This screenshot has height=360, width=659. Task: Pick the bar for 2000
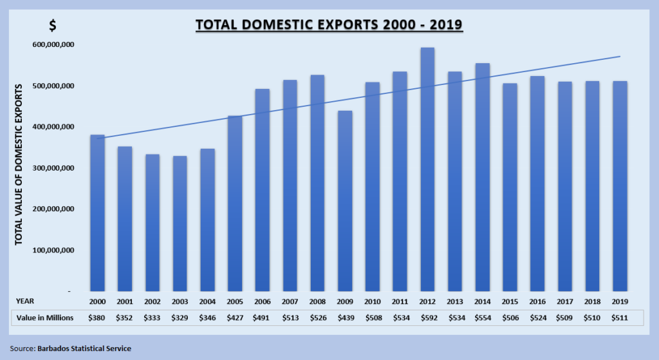click(x=97, y=213)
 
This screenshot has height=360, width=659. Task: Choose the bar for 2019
click(x=620, y=186)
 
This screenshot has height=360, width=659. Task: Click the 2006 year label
click(x=262, y=301)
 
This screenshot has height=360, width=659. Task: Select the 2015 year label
click(x=510, y=301)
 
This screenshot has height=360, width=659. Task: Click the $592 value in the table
click(x=427, y=317)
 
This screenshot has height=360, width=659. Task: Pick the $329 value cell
click(x=180, y=317)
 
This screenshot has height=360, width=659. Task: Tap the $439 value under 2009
click(x=345, y=317)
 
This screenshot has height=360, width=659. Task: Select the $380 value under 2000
click(x=97, y=317)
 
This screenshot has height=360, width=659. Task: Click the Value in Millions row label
click(x=46, y=317)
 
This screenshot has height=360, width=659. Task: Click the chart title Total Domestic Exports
click(x=329, y=25)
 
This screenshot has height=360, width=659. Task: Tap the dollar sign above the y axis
click(x=53, y=26)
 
